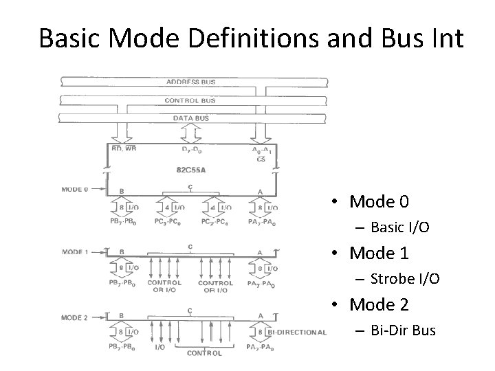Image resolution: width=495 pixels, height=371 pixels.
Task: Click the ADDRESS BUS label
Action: [190, 82]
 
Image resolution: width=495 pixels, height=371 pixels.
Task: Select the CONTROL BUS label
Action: [190, 100]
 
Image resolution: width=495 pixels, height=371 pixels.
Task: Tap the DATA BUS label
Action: [190, 118]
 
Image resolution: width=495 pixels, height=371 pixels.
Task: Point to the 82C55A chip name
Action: [190, 168]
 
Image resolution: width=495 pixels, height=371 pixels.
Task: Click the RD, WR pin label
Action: [124, 148]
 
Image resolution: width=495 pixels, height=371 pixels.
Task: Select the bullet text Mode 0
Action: [379, 202]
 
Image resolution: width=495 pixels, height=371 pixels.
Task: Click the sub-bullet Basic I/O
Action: [400, 227]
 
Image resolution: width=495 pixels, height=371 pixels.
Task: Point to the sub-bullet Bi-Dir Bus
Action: [403, 330]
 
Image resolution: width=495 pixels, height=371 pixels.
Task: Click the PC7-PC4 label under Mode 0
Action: [215, 221]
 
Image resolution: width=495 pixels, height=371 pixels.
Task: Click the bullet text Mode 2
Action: [379, 305]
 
